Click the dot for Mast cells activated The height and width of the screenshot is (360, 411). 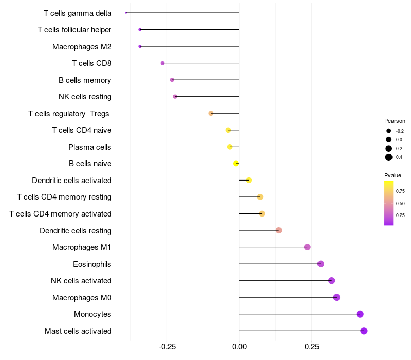pyautogui.click(x=364, y=331)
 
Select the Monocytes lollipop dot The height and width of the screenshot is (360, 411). pyautogui.click(x=360, y=314)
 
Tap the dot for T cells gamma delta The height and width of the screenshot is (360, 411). pyautogui.click(x=126, y=13)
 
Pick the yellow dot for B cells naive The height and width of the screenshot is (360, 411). pyautogui.click(x=236, y=164)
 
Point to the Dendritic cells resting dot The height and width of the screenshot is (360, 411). pyautogui.click(x=278, y=230)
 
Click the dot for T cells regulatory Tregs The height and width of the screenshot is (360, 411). pyautogui.click(x=211, y=113)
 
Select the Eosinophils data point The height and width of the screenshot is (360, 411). pyautogui.click(x=321, y=264)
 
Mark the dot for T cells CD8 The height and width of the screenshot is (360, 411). pyautogui.click(x=162, y=63)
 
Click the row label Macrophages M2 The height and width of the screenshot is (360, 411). pyautogui.click(x=82, y=47)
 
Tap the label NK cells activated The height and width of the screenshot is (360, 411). pyautogui.click(x=81, y=281)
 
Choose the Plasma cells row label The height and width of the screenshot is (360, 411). pyautogui.click(x=90, y=147)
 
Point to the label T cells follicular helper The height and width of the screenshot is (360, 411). pyautogui.click(x=74, y=30)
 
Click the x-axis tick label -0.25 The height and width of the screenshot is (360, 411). pyautogui.click(x=167, y=347)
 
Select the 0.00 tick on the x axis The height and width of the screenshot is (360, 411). pyautogui.click(x=239, y=347)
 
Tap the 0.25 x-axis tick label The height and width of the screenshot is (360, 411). pyautogui.click(x=312, y=347)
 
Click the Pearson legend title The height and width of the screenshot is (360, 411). pyautogui.click(x=395, y=121)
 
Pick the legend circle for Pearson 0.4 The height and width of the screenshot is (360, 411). pyautogui.click(x=389, y=157)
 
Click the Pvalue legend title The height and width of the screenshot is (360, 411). pyautogui.click(x=393, y=175)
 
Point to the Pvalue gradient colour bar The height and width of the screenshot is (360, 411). pyautogui.click(x=389, y=203)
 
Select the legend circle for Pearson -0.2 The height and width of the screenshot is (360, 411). pyautogui.click(x=389, y=131)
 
